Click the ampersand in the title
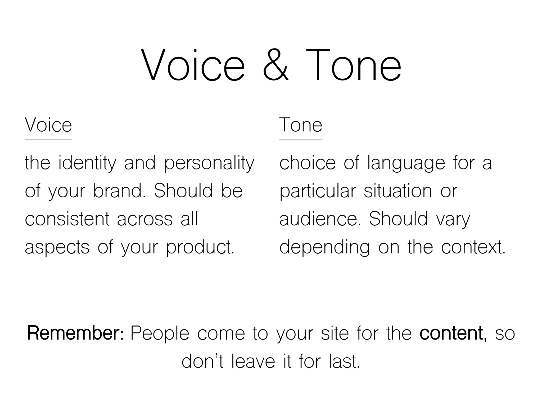tap(276, 65)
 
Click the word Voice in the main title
tap(193, 65)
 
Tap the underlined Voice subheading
tap(48, 125)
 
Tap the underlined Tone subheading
tap(301, 125)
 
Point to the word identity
tap(87, 163)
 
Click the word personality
tap(209, 163)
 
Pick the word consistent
tap(67, 219)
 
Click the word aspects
tap(57, 247)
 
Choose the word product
tap(200, 247)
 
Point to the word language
tap(406, 163)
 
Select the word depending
tap(324, 247)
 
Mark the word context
tap(473, 247)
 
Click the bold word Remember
tap(75, 333)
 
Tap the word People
tap(160, 333)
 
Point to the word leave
tap(253, 361)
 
